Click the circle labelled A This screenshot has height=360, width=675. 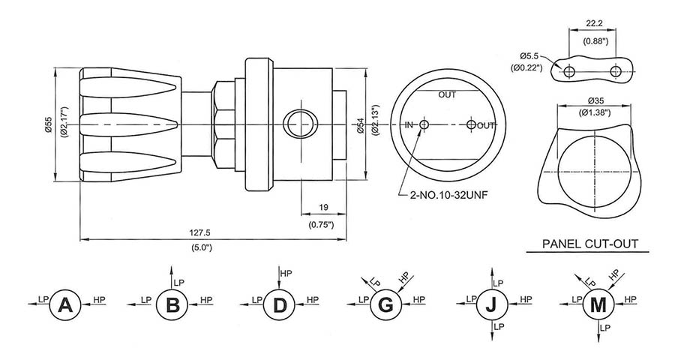pos(65,304)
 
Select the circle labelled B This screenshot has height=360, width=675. pos(172,304)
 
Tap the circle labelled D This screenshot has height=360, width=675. pos(279,304)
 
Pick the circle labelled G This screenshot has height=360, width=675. pos(385,304)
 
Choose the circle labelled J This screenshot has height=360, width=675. pos(492,304)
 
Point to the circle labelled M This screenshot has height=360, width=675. pos(598,304)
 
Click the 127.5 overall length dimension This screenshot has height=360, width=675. pos(199,232)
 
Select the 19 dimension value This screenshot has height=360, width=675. pos(323,207)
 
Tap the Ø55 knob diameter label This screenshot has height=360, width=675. pos(48,124)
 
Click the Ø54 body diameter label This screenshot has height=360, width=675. pos(361,125)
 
